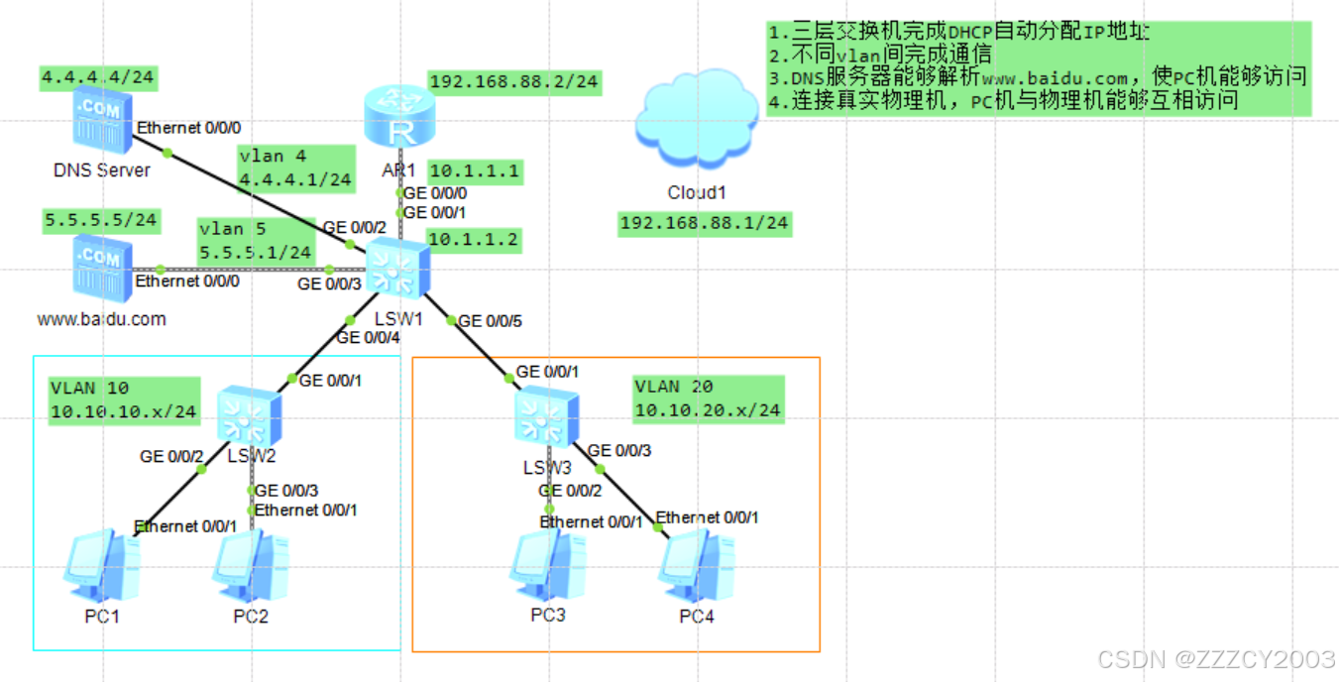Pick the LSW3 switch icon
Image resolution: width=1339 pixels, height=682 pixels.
point(546,414)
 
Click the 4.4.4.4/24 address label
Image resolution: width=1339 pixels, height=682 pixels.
point(100,76)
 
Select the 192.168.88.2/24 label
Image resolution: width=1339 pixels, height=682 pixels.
point(514,81)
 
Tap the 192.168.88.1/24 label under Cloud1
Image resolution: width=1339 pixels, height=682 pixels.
point(704,223)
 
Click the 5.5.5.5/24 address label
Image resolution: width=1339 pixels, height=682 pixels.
point(100,219)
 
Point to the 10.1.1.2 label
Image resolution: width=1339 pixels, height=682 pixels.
point(474,240)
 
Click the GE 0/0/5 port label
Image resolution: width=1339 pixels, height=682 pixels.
point(490,321)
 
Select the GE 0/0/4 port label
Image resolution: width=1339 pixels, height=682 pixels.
point(368,338)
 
